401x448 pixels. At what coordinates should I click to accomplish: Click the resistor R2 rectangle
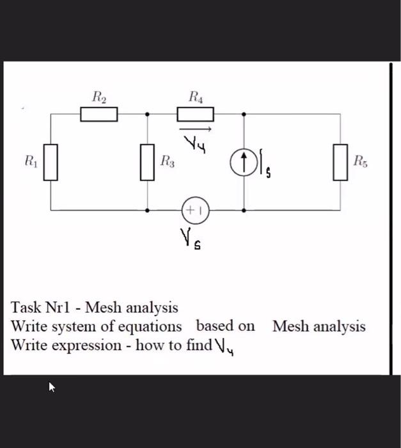click(x=99, y=115)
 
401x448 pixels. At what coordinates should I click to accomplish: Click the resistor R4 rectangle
click(x=195, y=115)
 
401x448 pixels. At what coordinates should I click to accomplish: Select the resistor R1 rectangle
click(x=51, y=162)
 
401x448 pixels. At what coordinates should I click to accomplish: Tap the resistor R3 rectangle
click(x=148, y=162)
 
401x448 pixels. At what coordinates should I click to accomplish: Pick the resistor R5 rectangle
click(x=340, y=162)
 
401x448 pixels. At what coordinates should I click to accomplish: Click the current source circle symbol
click(x=244, y=162)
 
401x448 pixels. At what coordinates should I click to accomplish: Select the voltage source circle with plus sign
click(x=195, y=209)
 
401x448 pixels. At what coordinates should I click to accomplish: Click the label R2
click(x=99, y=98)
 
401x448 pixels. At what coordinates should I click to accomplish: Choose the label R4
click(x=196, y=98)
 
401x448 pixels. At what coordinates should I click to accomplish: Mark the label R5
click(x=361, y=162)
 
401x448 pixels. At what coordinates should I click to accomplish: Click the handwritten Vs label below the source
click(x=189, y=241)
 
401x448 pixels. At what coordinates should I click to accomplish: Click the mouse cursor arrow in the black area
click(x=52, y=387)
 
